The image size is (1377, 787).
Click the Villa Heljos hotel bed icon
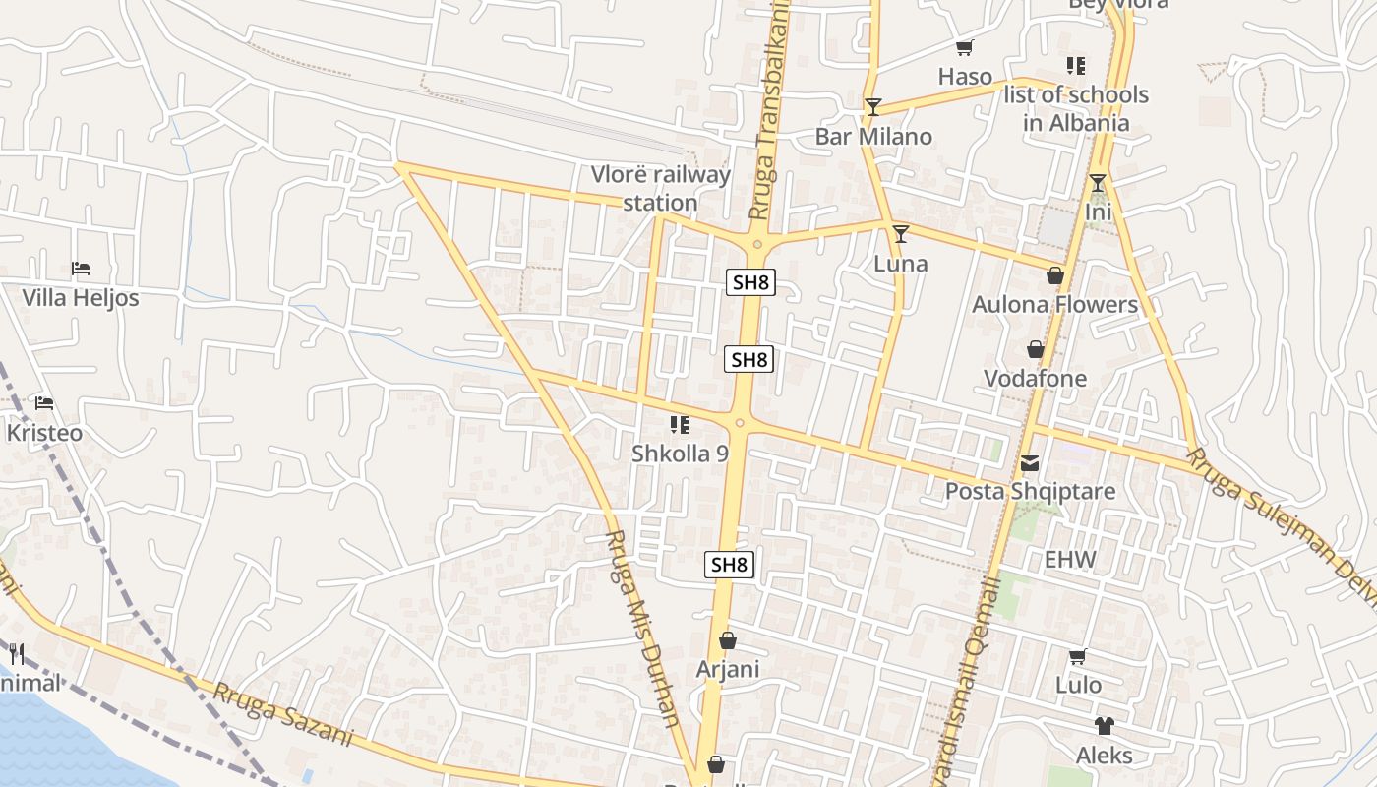tap(81, 269)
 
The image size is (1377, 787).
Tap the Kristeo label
tap(44, 433)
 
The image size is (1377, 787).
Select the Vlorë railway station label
tap(661, 189)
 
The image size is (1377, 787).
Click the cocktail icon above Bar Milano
tap(872, 107)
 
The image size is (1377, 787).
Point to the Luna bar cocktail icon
tap(900, 234)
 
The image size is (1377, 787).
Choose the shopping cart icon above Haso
tap(964, 48)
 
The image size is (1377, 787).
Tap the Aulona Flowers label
tap(1054, 305)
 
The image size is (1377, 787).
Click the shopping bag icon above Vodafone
tap(1036, 349)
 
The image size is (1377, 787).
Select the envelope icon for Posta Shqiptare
tap(1030, 463)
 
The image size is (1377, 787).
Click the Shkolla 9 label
tap(680, 454)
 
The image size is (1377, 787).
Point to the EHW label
tap(1070, 560)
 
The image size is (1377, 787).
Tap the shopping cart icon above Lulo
tap(1078, 656)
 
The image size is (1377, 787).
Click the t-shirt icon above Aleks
tap(1104, 726)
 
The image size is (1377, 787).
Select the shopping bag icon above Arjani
tap(728, 641)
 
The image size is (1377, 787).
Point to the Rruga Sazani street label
tap(283, 715)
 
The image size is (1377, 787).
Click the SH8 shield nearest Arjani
tap(730, 565)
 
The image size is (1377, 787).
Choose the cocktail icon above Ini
tap(1098, 183)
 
